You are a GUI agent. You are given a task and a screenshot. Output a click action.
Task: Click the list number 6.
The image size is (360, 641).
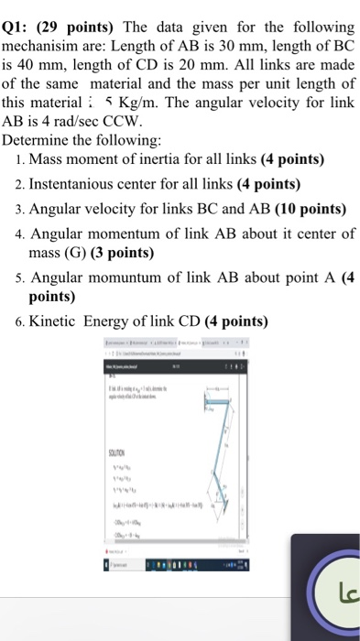pyautogui.click(x=20, y=321)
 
